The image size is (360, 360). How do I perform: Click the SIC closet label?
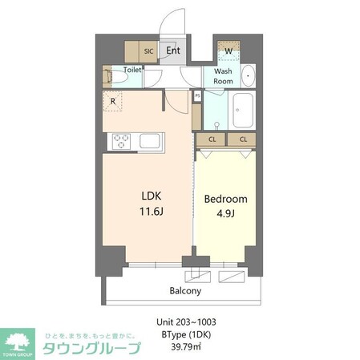point(148,51)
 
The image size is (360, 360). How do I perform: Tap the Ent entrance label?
point(173,50)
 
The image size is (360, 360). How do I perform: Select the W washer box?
point(229,51)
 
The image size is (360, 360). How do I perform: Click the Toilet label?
point(132,70)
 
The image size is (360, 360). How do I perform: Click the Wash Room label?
point(224,76)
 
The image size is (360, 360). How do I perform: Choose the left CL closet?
point(212,140)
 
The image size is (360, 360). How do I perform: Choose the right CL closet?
point(241,140)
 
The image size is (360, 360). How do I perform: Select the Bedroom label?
point(225,199)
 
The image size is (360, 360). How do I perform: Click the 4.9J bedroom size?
point(225,214)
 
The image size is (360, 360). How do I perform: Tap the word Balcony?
point(185,290)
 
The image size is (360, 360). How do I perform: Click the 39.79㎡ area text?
point(185,346)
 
